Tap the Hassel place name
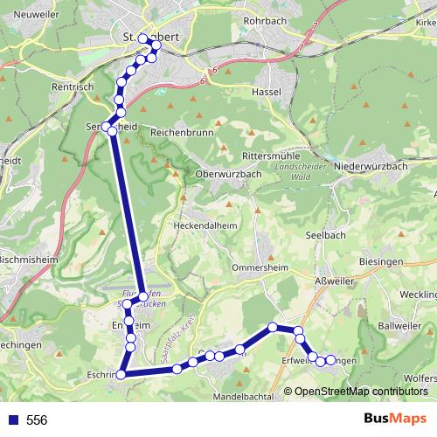pos(265,91)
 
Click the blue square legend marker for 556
pos(11,420)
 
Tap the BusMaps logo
pos(395,420)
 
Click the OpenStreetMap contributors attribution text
pos(361,392)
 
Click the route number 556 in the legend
pos(37,420)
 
